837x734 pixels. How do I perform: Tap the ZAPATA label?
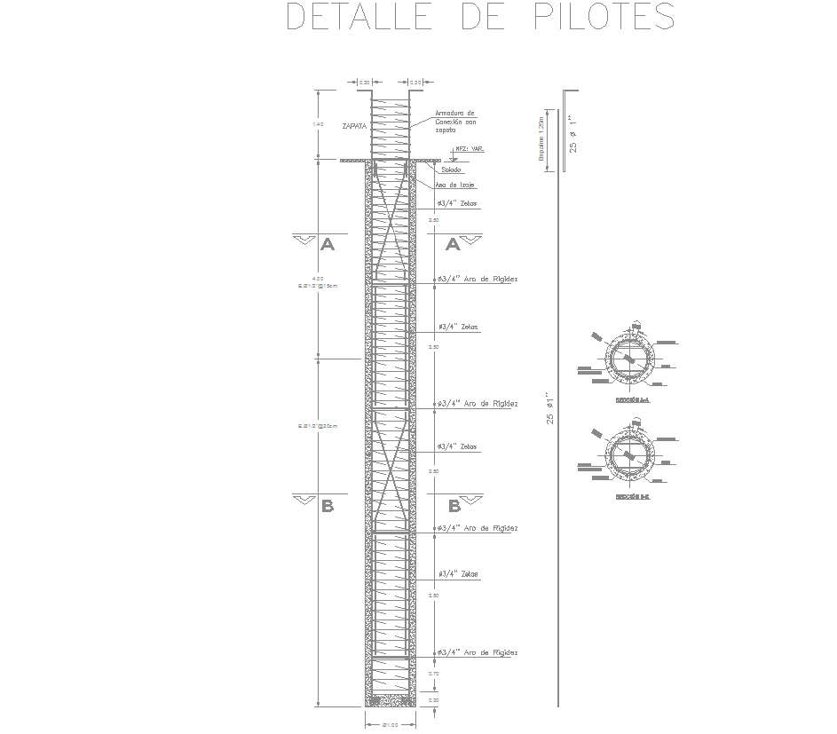(354, 127)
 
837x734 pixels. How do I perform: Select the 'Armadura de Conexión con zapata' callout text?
(455, 120)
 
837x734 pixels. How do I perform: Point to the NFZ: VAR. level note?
(470, 149)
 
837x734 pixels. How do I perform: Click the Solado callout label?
(451, 170)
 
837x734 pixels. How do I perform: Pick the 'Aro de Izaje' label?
(455, 185)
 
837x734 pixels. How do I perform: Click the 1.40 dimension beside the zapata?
(318, 124)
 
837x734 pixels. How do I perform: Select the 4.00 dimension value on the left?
(318, 279)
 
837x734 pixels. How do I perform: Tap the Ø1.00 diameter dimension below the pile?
(391, 725)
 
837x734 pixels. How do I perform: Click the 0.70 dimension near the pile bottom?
(434, 675)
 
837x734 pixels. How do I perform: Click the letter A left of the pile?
(327, 244)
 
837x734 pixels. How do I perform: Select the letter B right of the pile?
(454, 506)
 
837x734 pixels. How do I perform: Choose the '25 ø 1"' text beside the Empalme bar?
(573, 133)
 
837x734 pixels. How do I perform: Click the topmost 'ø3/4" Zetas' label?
(456, 203)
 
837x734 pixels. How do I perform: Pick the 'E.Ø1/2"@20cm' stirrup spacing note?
(318, 426)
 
